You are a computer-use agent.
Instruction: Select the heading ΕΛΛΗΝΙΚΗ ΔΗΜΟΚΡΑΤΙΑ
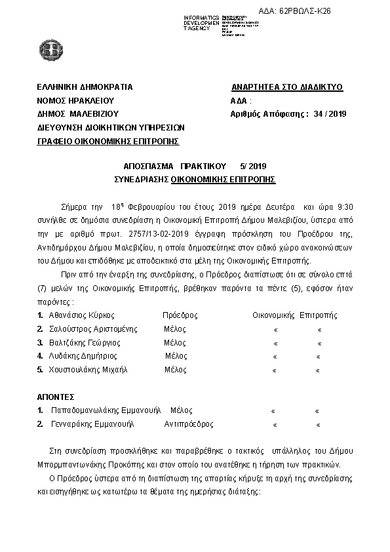(x=85, y=87)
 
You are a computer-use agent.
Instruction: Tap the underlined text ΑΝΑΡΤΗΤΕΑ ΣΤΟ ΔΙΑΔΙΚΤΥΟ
(x=287, y=87)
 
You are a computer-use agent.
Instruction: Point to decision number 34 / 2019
(x=329, y=113)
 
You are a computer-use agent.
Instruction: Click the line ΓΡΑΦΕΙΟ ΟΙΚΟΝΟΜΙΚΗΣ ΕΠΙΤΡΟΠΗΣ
(x=108, y=141)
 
